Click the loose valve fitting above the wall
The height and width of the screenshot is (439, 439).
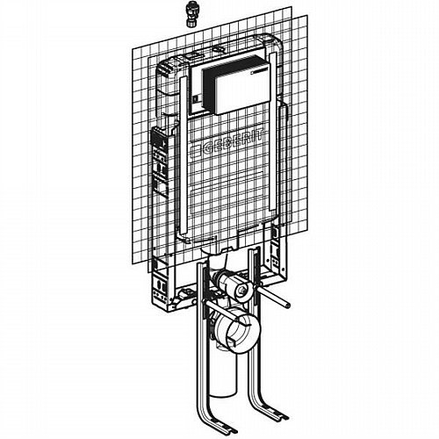191,14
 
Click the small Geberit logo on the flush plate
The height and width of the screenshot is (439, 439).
260,70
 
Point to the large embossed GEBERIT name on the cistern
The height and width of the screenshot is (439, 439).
227,144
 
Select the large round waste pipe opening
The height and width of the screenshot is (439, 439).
236,329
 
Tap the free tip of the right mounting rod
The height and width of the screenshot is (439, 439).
288,306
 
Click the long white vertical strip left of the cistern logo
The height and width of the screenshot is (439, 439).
183,155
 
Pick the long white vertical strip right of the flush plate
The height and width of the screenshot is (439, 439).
273,132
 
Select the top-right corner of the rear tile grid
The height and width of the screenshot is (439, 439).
291,6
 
